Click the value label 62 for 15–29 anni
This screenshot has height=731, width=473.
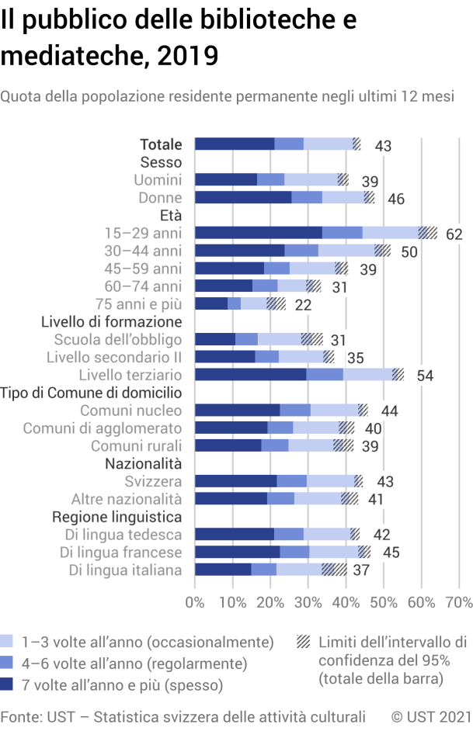454,234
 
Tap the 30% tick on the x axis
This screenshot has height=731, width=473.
308,601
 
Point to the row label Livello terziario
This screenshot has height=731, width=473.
130,375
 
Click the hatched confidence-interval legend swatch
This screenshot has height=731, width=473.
304,642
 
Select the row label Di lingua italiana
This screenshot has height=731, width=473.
125,570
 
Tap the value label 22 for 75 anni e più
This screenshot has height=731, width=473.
303,304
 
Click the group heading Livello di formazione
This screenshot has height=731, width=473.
111,321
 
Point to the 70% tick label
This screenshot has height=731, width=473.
459,601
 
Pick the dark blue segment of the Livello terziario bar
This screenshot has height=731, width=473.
250,375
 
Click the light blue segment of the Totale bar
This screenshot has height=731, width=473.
328,144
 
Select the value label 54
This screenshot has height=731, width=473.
424,376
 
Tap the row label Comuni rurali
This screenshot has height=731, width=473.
137,445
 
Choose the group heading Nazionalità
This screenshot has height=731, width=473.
143,463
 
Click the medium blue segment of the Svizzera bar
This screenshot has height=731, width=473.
291,481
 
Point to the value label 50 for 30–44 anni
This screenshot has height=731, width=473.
409,251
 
